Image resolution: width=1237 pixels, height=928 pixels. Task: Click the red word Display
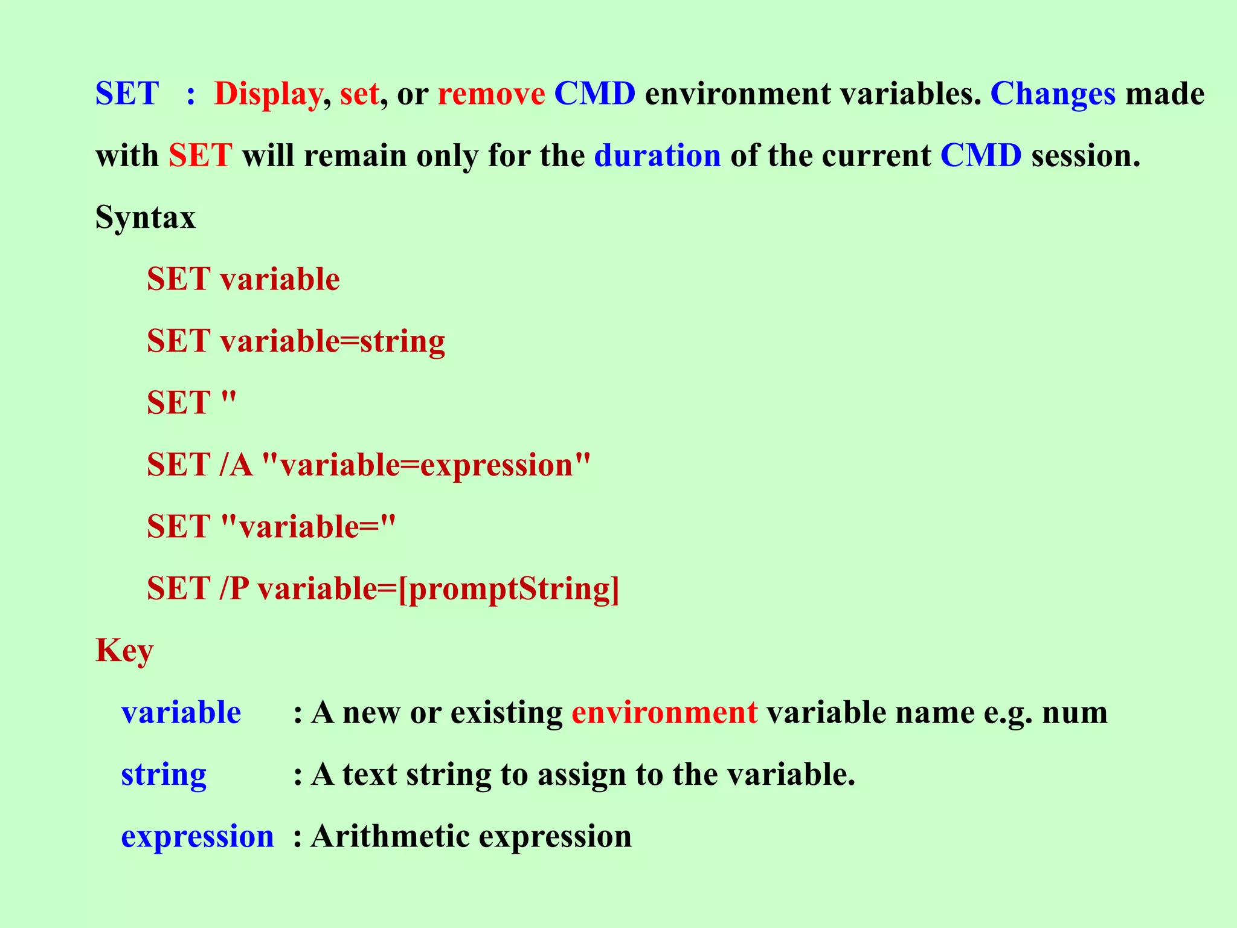click(268, 94)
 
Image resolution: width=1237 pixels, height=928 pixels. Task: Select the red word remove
click(491, 94)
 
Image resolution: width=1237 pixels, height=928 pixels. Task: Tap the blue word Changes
click(1053, 94)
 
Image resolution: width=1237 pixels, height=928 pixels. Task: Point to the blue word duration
click(657, 156)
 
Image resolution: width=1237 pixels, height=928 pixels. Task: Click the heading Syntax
click(146, 217)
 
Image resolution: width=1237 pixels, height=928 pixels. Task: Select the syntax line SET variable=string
click(296, 341)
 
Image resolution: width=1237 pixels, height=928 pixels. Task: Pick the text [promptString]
click(509, 590)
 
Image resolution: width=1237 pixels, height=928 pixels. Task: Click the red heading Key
click(124, 651)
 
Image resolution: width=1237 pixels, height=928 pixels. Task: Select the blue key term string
click(164, 775)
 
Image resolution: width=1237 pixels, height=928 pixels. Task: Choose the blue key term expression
click(198, 837)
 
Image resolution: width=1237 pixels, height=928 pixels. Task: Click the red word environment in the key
click(664, 713)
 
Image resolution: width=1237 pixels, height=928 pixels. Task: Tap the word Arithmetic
click(390, 837)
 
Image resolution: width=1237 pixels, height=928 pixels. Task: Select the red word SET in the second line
click(201, 156)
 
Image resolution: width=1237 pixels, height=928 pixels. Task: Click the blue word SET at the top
click(127, 94)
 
